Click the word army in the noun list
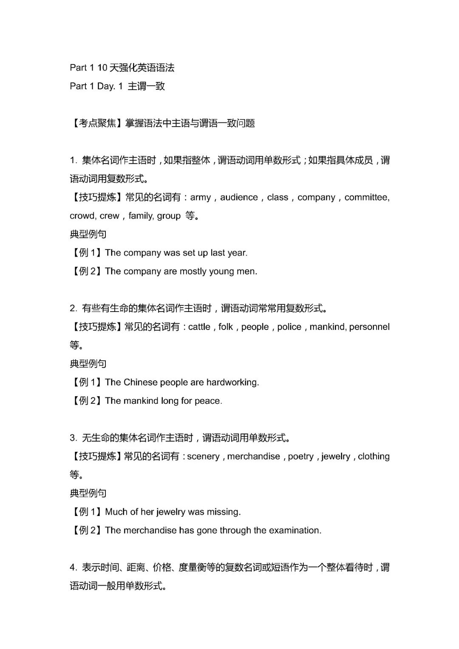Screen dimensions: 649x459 tap(201, 198)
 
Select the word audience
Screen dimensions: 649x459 tap(239, 198)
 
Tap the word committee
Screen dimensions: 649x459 tap(366, 198)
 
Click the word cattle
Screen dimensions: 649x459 tap(199, 327)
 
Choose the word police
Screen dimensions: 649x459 tap(289, 327)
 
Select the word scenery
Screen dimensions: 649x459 tap(203, 456)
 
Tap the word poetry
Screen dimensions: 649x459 tap(300, 456)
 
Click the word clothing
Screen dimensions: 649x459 tap(374, 456)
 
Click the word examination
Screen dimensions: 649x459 tap(295, 530)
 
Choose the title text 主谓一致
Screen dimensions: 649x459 tap(146, 86)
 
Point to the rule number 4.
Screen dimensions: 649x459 tap(73, 568)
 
